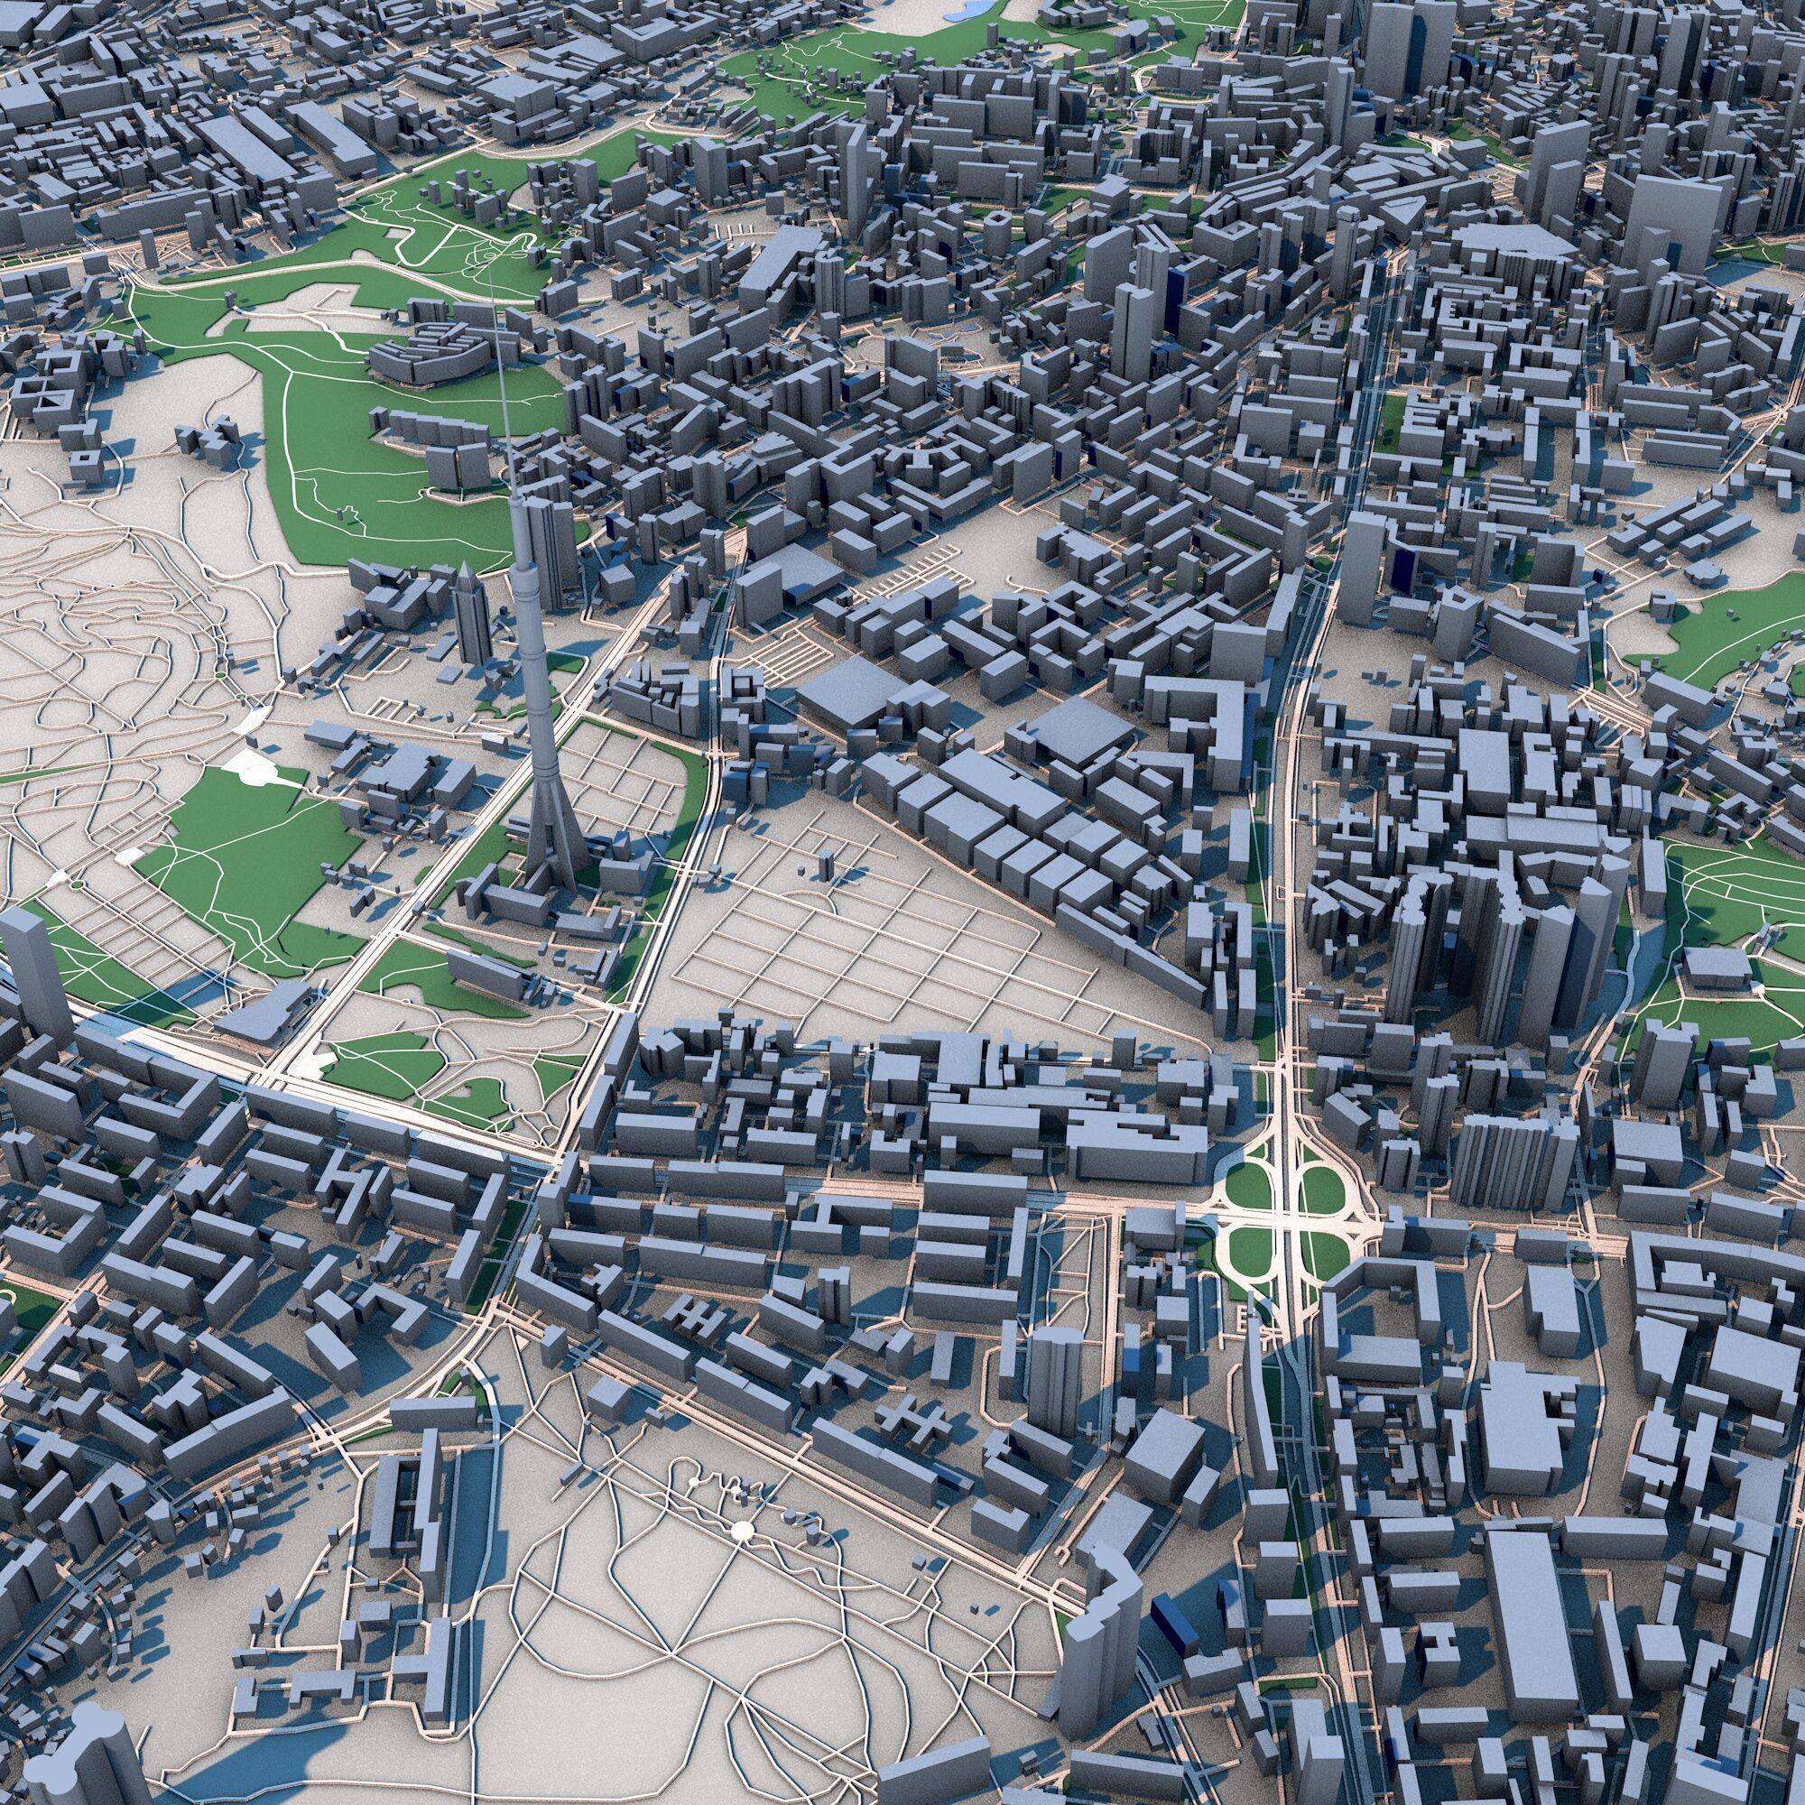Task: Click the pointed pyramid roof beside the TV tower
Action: coord(467,576)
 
